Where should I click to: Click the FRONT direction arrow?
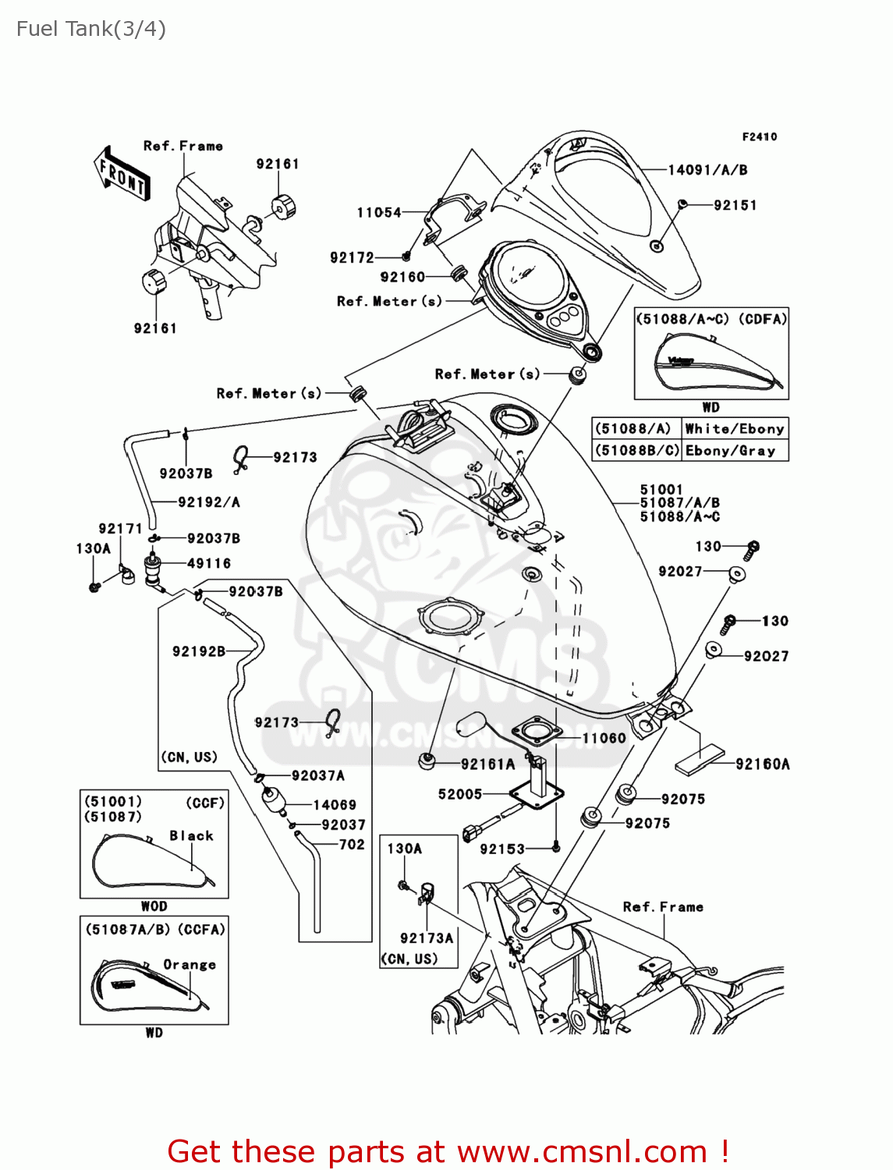[122, 174]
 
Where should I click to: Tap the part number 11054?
[379, 212]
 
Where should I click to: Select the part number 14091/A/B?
[707, 170]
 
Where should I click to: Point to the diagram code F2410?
[759, 136]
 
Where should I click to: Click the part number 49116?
[209, 563]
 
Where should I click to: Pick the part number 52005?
[460, 794]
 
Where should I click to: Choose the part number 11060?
[604, 738]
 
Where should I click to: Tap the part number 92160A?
[763, 764]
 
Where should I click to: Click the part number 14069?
[335, 805]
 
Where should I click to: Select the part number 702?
[352, 844]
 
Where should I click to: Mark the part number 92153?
[502, 849]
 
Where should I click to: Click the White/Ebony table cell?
[734, 429]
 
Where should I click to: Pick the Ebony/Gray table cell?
[731, 451]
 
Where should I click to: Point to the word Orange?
[190, 965]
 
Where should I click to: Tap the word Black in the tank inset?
[191, 835]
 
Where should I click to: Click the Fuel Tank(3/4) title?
[90, 29]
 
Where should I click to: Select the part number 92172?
[352, 257]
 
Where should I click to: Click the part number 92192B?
[199, 651]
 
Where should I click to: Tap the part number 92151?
[735, 205]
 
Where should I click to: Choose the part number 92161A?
[487, 764]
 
